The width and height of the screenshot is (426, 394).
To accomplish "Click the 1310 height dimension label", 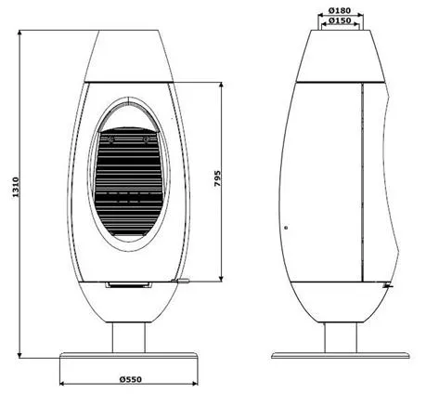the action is [x=16, y=187].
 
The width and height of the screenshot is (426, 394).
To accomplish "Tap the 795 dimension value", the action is [x=218, y=178].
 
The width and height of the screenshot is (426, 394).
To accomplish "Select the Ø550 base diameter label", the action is [x=130, y=379].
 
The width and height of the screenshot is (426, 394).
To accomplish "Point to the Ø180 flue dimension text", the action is [x=340, y=10].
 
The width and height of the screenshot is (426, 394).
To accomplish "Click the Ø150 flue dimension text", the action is [x=340, y=20].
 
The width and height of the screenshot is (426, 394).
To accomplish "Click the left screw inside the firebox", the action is [x=111, y=139].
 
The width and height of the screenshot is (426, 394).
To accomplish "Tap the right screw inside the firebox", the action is [x=146, y=139].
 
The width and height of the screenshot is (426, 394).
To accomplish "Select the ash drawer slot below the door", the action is [x=128, y=285].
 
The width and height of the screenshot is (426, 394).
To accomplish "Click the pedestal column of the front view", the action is [x=128, y=337].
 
